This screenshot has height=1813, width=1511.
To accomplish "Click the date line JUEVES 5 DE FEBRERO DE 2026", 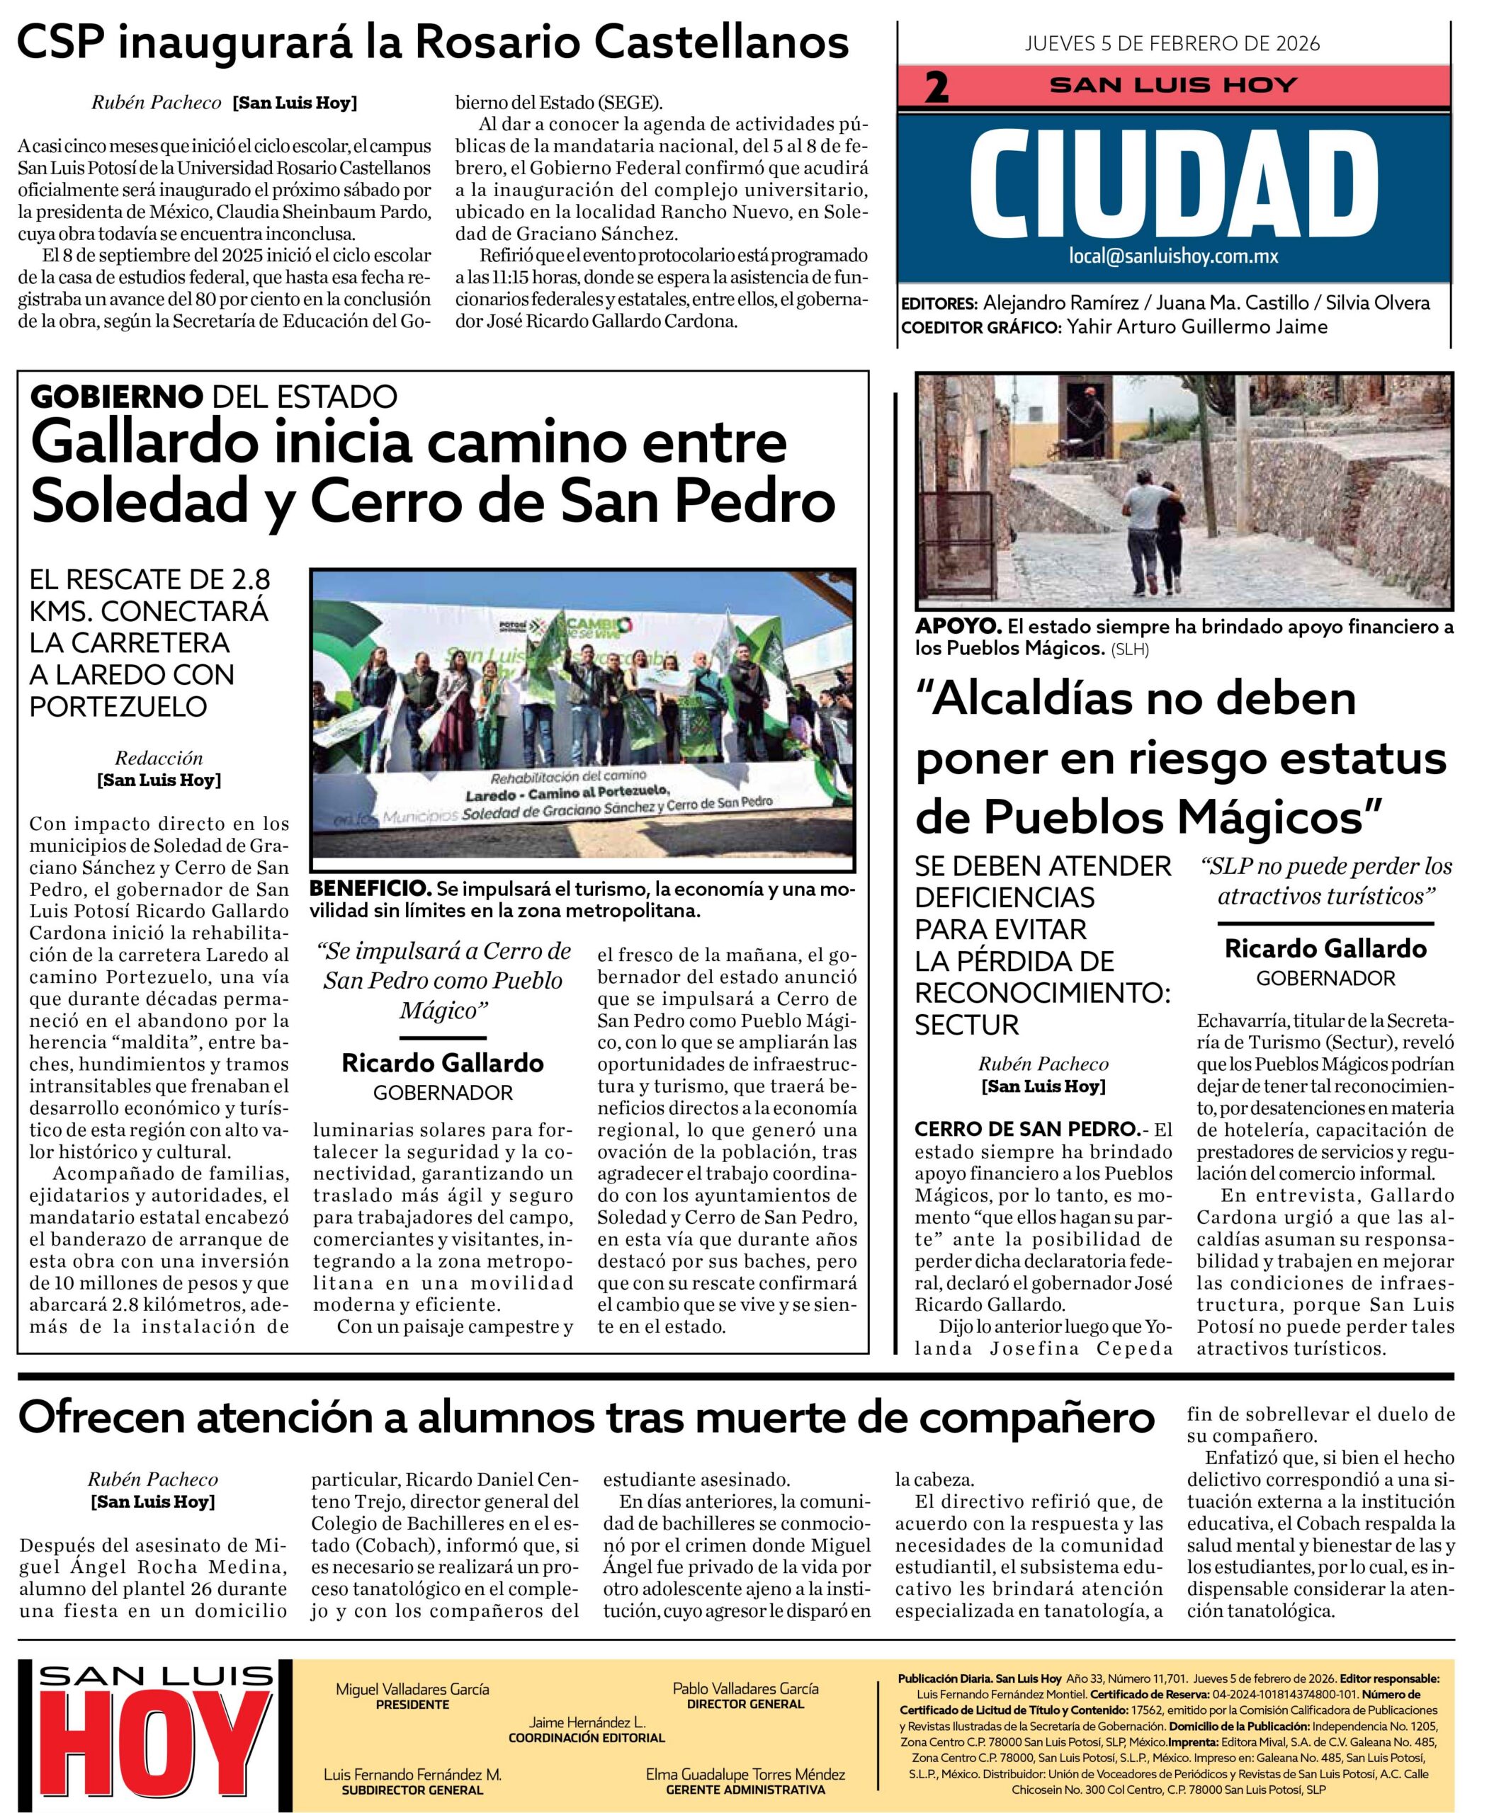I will tap(1172, 44).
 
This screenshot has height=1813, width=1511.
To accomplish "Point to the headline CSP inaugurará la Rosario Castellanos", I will tap(433, 42).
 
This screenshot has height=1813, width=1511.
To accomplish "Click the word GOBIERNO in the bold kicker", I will tap(115, 397).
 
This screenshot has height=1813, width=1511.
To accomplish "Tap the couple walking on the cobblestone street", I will tap(1153, 536).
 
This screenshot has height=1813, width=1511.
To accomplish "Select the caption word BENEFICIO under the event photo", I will tap(370, 888).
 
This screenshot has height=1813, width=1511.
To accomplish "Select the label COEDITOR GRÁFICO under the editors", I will tap(980, 327).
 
